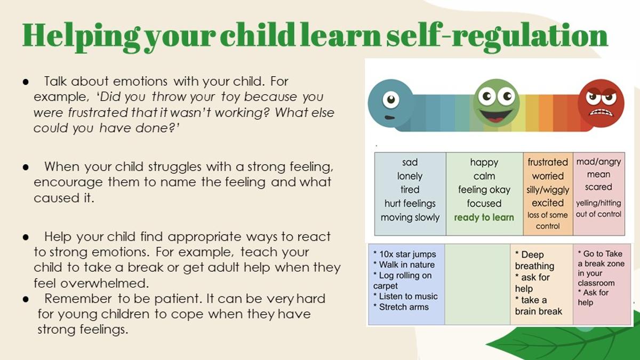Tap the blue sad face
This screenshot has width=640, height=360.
(390, 103)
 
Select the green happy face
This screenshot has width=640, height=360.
(497, 103)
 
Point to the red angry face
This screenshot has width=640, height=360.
(601, 103)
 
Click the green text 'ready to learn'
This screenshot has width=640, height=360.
(484, 218)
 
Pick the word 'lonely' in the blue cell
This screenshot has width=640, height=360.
(410, 176)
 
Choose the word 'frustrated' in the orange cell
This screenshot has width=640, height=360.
(548, 162)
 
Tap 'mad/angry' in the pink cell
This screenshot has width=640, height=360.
(598, 162)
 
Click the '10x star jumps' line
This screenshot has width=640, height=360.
(405, 254)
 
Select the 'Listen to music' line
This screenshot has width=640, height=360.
(405, 297)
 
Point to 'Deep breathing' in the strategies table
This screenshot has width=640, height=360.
(534, 260)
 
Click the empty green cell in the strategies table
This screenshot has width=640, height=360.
(477, 284)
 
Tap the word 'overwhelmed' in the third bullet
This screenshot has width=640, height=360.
(105, 283)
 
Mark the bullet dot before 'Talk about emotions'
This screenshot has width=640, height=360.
(26, 82)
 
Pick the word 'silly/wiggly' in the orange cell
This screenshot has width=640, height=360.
(548, 190)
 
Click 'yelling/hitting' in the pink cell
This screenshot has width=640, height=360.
(598, 203)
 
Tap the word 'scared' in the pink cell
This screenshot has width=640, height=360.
(598, 187)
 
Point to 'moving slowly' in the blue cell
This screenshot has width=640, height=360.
(410, 218)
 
